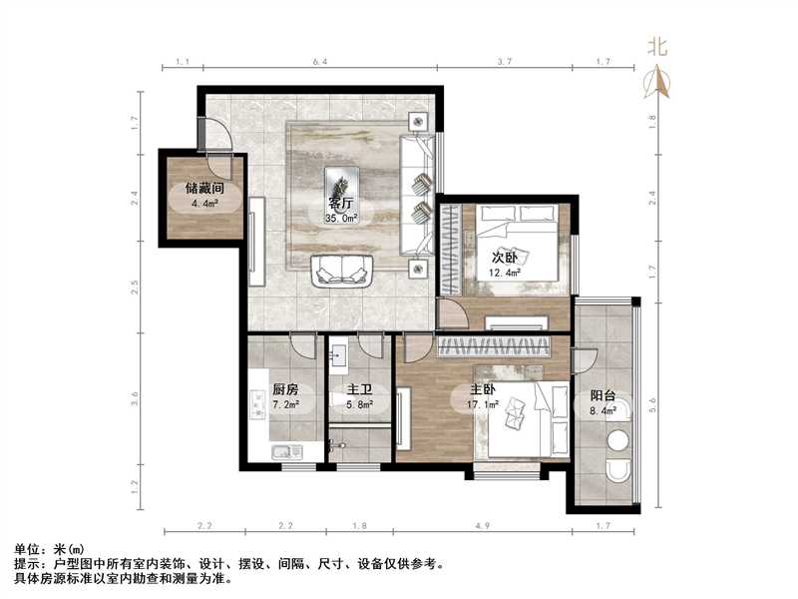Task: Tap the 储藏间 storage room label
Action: point(202,188)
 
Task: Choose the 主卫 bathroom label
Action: point(359,391)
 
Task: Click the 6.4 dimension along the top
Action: point(319,63)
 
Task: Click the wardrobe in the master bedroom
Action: point(496,346)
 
